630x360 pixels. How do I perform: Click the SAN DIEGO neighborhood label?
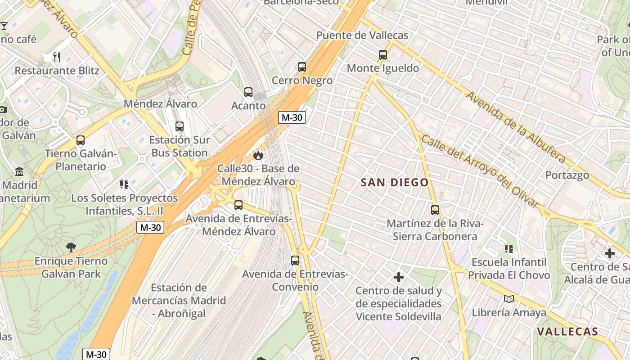395,182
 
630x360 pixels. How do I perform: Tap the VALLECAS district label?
567,332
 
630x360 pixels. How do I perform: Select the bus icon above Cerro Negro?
302,67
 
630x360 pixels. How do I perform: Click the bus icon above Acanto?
248,92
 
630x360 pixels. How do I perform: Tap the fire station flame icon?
258,155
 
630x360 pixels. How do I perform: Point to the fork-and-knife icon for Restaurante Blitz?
57,57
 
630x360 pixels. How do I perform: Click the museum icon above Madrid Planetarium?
19,172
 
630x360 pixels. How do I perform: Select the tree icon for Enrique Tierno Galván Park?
71,247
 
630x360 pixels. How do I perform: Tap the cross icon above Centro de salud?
398,277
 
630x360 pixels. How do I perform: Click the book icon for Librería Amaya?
509,299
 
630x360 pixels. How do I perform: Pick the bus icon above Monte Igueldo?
383,55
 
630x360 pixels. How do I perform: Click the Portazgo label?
567,175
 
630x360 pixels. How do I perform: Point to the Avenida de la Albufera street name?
515,127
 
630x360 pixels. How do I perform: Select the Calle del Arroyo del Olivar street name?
480,171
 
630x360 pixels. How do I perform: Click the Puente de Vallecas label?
362,36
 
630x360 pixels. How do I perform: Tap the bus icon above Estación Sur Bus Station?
180,126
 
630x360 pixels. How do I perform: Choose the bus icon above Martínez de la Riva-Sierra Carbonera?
435,210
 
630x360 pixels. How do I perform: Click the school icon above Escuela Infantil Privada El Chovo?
509,248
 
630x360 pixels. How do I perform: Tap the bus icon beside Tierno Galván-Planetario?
81,140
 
